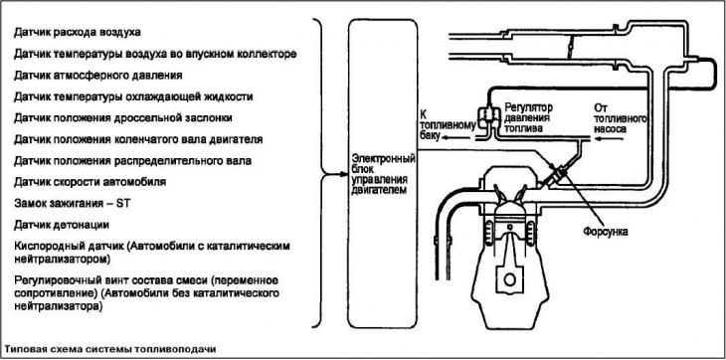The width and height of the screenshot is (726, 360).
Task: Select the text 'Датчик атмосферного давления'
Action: tap(97, 74)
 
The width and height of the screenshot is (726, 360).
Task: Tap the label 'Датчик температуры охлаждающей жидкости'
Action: tap(132, 95)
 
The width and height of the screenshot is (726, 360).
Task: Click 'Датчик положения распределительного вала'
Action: tap(132, 160)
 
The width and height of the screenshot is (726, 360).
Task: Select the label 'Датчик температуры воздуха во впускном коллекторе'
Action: tap(155, 52)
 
